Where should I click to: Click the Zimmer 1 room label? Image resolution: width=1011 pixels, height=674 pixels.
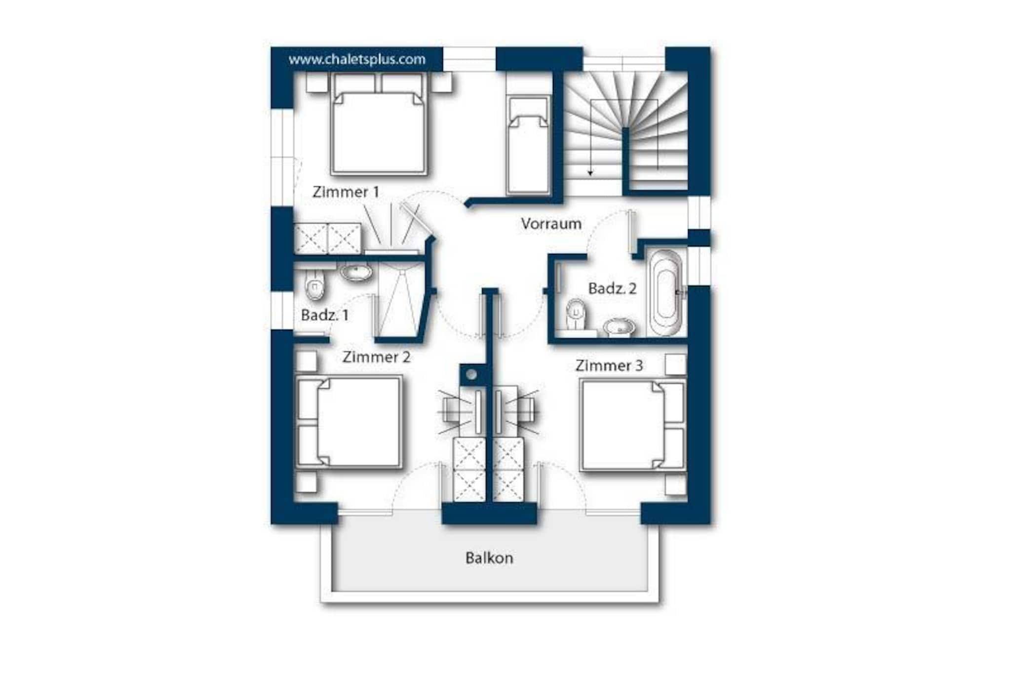tap(346, 192)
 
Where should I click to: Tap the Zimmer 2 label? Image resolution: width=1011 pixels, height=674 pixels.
tap(376, 357)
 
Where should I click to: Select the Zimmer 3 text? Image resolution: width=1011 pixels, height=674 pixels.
tap(609, 366)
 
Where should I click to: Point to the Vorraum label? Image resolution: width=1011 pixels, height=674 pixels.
tap(551, 224)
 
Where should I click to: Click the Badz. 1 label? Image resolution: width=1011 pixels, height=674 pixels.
tap(324, 315)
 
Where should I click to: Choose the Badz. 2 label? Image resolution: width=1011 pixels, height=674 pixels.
tap(612, 288)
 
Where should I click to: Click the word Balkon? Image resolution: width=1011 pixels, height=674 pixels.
tap(489, 558)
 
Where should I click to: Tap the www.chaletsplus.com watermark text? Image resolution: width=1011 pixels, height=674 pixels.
tap(357, 59)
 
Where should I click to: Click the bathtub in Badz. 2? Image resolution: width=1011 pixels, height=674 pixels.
tap(665, 293)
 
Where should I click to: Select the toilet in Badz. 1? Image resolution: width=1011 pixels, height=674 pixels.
tap(314, 285)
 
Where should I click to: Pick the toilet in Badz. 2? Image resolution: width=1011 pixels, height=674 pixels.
tap(575, 314)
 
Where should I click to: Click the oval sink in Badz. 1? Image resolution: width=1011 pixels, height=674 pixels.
tap(355, 272)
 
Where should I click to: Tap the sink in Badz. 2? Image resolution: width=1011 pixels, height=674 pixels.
tap(619, 327)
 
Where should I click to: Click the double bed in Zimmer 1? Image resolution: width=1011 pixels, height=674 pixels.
tap(379, 124)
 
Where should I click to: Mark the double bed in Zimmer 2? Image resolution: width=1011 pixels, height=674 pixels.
tap(349, 422)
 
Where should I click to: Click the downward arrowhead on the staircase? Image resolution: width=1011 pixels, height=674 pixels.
tap(590, 173)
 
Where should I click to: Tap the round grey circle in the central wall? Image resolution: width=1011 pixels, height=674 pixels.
tap(471, 375)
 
